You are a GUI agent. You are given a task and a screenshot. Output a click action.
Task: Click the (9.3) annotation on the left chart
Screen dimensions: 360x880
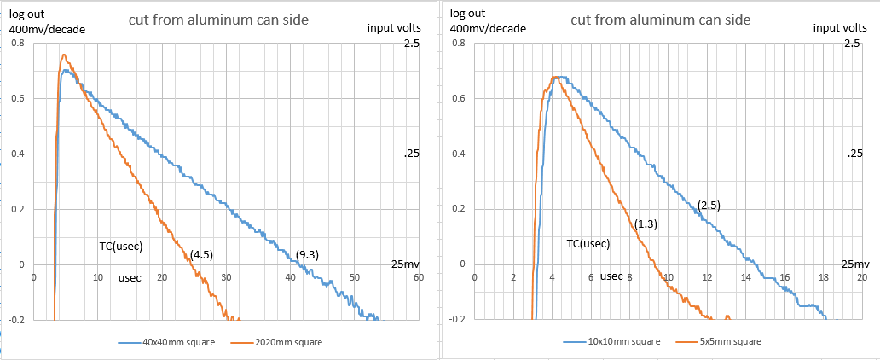[x=307, y=254]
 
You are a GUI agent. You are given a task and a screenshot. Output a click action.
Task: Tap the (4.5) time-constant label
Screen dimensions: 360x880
[x=201, y=253]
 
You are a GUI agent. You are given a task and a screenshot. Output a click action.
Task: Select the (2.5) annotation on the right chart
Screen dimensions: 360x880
[x=709, y=206]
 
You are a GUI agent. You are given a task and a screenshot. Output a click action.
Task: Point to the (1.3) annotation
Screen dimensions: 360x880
[x=646, y=224]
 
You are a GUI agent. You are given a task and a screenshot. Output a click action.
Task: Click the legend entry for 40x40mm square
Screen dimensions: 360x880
[x=167, y=342]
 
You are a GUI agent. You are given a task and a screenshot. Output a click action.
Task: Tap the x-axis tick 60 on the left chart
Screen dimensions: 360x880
[x=418, y=277]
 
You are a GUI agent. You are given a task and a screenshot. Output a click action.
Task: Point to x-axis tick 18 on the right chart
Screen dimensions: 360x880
[x=823, y=277]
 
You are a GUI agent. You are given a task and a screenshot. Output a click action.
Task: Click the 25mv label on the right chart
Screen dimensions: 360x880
[x=855, y=264]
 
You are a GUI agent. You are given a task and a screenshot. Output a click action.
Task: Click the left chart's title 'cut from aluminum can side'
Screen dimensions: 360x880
[x=219, y=20]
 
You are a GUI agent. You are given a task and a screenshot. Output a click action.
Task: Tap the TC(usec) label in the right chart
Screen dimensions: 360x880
[x=588, y=244]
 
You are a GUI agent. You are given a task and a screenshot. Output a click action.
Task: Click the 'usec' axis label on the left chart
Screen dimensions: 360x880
[x=130, y=277]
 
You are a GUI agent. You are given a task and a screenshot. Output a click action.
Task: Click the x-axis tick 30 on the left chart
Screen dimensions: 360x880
[x=226, y=277]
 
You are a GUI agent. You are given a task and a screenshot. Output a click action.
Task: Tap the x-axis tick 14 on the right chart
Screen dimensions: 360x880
[x=745, y=277]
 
